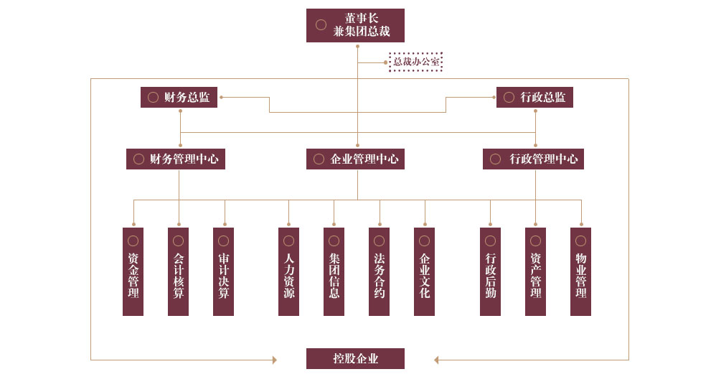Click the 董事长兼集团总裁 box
tap(355, 25)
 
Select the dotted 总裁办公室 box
tap(415, 62)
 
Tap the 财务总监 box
tap(179, 97)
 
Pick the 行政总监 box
tap(534, 97)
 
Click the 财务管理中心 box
tap(176, 159)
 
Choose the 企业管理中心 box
tap(355, 159)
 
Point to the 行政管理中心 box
tap(533, 159)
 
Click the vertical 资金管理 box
tap(133, 271)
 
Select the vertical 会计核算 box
tap(178, 271)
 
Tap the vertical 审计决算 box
tap(223, 271)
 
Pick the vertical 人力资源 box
tap(288, 271)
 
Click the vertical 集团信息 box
tap(334, 271)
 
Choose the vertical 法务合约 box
tap(379, 271)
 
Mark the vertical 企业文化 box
tap(424, 271)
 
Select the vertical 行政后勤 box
tap(490, 271)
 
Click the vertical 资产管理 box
tap(535, 271)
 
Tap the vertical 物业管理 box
tap(580, 271)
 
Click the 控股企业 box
tap(355, 358)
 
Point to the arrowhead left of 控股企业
tap(274, 360)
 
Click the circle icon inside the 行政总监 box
tap(509, 97)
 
